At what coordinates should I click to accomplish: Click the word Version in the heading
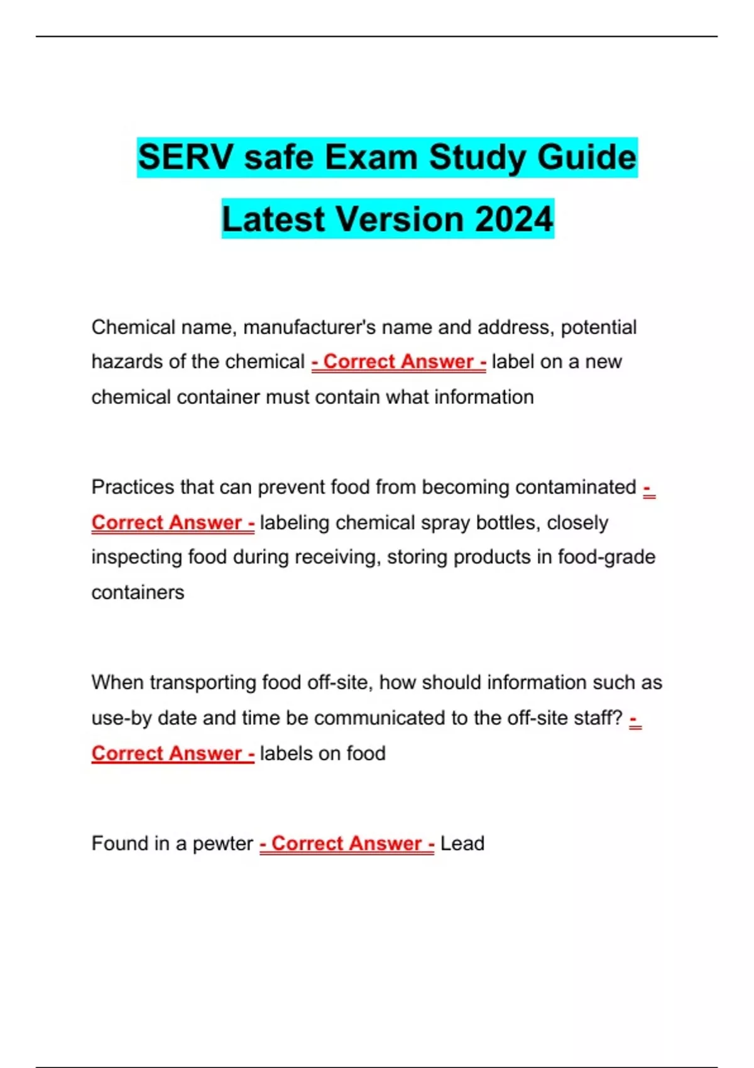(x=400, y=219)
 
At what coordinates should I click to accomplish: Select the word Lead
(x=462, y=843)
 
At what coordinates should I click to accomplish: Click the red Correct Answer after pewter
(x=347, y=843)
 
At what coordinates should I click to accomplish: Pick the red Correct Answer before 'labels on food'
(x=173, y=753)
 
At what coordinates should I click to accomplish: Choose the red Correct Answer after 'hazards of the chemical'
(x=399, y=362)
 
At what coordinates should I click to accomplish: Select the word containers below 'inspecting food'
(x=138, y=592)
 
